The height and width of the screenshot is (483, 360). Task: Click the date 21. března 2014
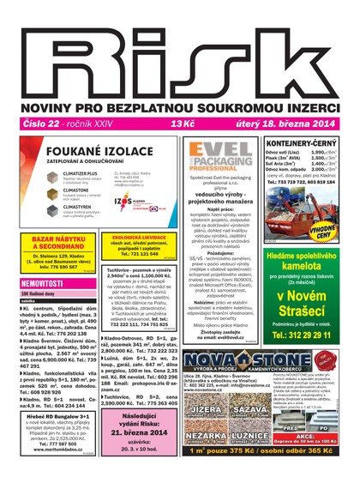(x=142, y=436)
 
